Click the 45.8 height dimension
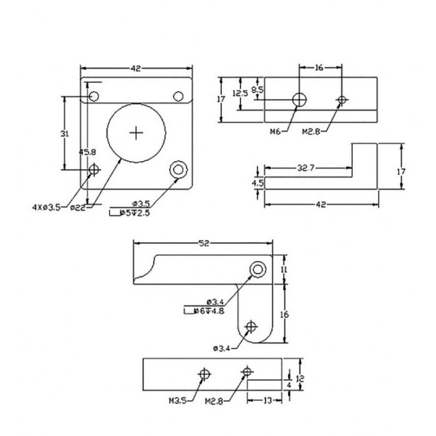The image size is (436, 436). pyautogui.click(x=87, y=153)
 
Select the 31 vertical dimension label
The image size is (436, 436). pyautogui.click(x=65, y=134)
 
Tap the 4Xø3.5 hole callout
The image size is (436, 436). pyautogui.click(x=47, y=207)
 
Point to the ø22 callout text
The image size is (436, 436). pyautogui.click(x=78, y=207)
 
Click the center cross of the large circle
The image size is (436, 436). pyautogui.click(x=136, y=133)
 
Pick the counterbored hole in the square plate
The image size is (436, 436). pyautogui.click(x=178, y=169)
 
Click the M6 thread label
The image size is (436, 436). pyautogui.click(x=275, y=131)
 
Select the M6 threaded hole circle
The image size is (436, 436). pyautogui.click(x=299, y=100)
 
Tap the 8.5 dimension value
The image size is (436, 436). pyautogui.click(x=257, y=90)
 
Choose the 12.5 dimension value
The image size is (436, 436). pyautogui.click(x=240, y=93)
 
